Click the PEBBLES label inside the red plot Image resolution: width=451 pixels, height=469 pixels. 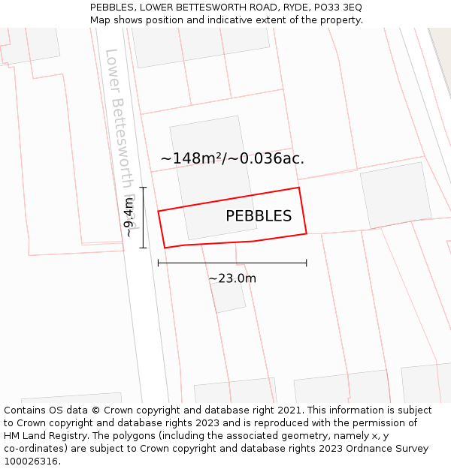(259, 216)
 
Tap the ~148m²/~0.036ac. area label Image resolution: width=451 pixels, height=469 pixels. (232, 158)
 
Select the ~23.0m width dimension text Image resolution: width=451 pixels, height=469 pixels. (232, 278)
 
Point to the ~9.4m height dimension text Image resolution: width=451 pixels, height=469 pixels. (129, 218)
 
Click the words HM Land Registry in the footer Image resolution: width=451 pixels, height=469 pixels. (43, 435)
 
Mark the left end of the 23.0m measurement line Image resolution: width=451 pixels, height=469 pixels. (158, 263)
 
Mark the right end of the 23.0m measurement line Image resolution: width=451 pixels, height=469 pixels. (307, 263)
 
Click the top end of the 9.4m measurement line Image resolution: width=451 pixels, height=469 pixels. (143, 187)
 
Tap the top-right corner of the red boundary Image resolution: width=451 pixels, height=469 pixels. (299, 188)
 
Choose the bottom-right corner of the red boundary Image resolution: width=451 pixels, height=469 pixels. (307, 233)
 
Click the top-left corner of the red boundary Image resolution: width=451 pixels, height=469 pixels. (158, 211)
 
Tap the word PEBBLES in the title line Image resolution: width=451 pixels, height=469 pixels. (112, 7)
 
